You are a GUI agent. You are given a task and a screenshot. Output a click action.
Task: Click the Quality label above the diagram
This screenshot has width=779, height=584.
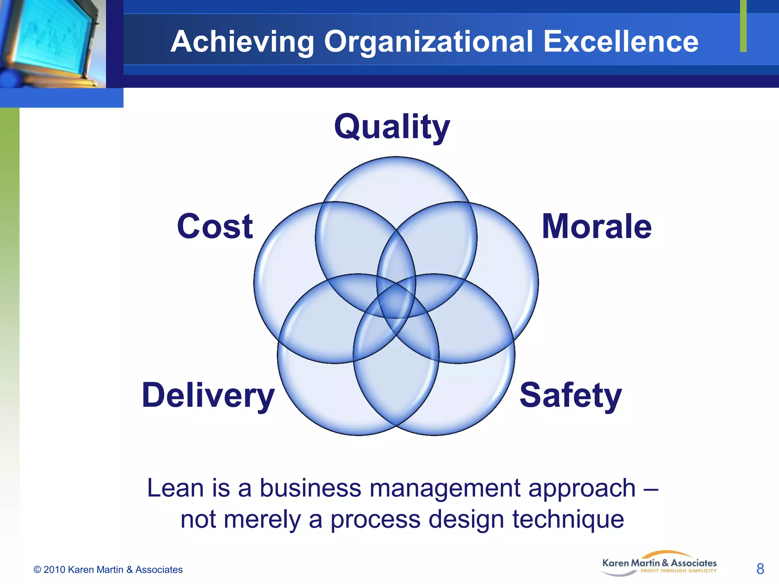click(392, 127)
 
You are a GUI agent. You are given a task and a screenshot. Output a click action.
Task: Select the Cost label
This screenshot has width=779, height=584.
click(215, 227)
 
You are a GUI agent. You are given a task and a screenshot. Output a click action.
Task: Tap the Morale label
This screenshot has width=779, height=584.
click(596, 227)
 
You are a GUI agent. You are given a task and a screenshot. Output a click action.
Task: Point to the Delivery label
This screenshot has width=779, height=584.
click(208, 396)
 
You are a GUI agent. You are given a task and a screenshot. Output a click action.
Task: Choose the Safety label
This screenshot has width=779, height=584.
click(571, 396)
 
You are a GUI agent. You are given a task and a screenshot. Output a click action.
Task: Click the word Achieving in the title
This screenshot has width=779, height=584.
click(242, 42)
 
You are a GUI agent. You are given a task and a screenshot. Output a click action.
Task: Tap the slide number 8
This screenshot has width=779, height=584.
click(760, 569)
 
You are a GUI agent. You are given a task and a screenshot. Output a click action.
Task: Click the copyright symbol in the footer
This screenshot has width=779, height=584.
click(37, 570)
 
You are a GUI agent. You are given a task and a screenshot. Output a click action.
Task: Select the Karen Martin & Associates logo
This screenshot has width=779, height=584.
click(659, 564)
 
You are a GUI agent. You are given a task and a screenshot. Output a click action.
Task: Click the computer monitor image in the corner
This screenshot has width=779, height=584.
click(51, 42)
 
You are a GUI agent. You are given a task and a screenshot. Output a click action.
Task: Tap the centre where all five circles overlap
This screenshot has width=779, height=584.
click(396, 300)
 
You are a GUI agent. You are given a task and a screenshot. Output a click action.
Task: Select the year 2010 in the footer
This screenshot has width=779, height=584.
click(54, 570)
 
